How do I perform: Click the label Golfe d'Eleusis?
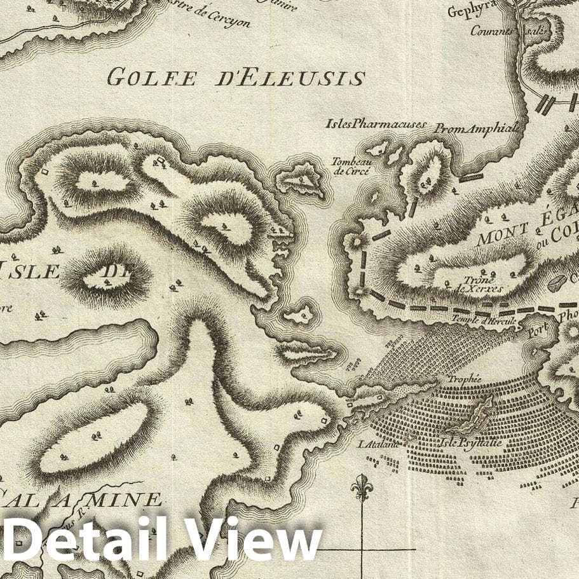(235, 77)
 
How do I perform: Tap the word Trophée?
(465, 379)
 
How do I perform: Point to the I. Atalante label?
(380, 444)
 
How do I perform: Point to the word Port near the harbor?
(538, 336)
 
